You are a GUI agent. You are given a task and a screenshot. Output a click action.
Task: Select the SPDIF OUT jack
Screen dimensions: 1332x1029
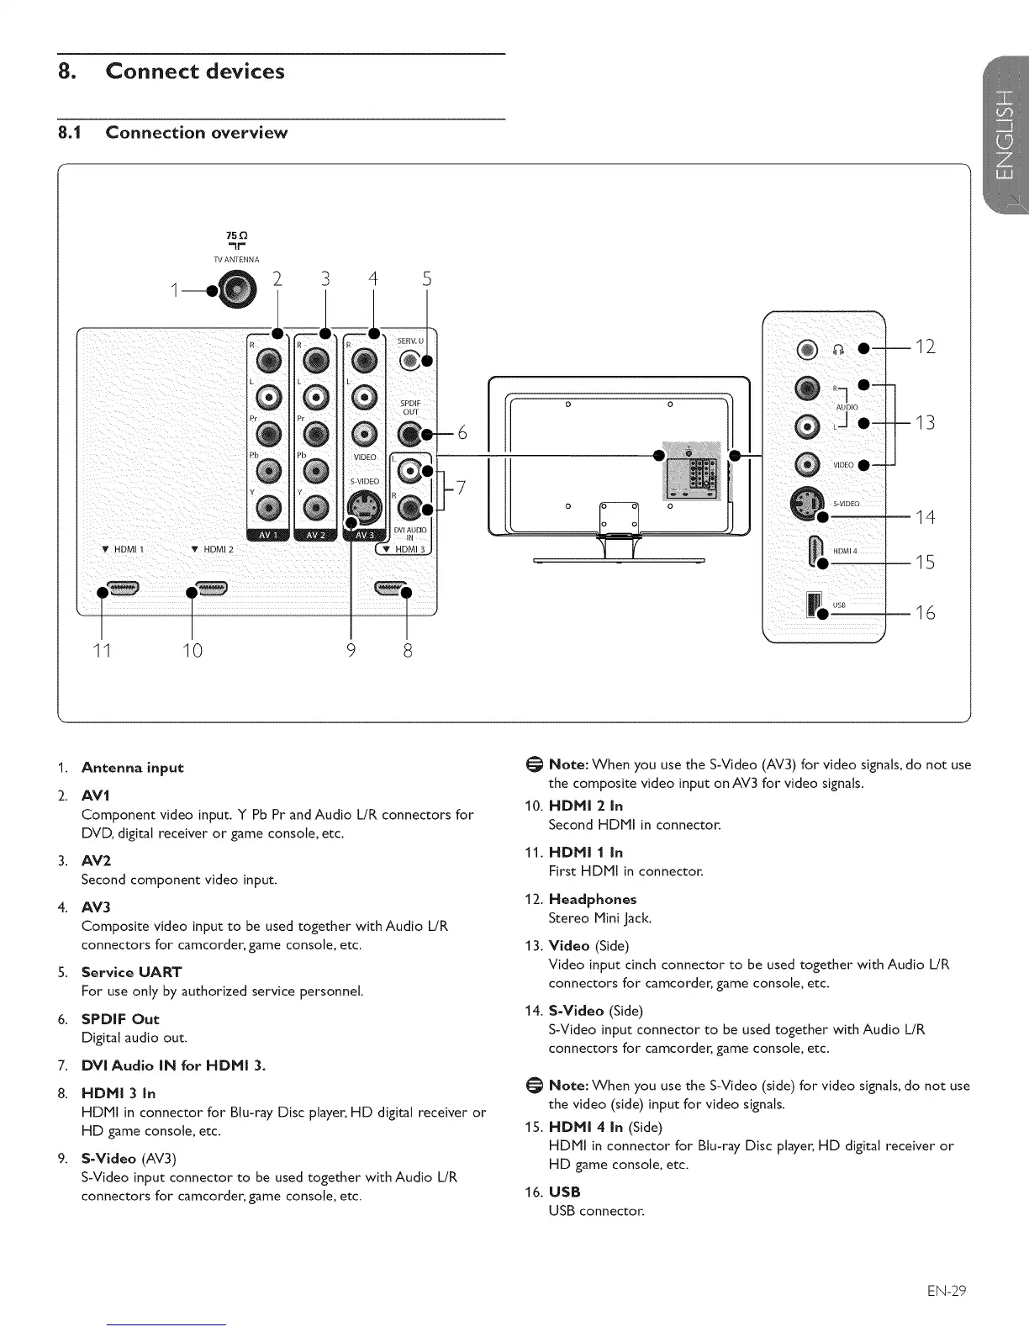(x=411, y=433)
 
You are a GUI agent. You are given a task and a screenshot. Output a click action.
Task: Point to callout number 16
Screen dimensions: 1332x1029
(x=925, y=613)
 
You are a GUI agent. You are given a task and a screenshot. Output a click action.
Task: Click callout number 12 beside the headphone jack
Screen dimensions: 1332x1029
(x=925, y=346)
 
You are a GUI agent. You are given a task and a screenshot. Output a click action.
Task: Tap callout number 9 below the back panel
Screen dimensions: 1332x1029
(x=351, y=650)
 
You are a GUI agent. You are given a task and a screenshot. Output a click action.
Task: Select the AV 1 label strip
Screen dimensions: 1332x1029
(x=267, y=536)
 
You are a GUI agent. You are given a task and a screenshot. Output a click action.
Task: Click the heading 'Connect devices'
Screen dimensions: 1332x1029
(x=194, y=71)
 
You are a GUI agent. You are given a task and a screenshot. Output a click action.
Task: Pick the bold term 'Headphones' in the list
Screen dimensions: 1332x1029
(x=593, y=899)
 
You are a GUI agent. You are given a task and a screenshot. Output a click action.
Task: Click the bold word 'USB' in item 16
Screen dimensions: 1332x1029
(x=564, y=1192)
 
